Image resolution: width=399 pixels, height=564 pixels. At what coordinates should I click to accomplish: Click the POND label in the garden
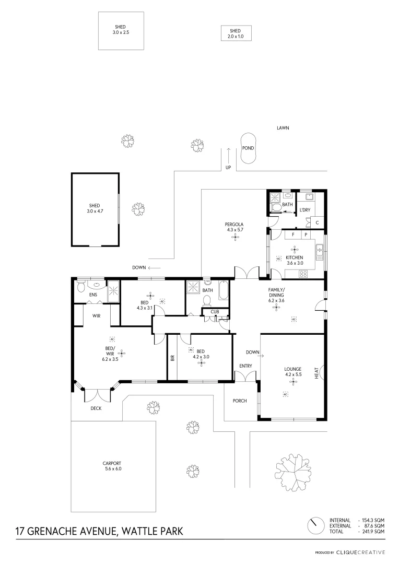coord(248,148)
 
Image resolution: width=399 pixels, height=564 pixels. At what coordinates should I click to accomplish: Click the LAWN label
coord(283,127)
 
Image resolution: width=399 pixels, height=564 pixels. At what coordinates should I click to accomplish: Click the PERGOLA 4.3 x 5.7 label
coord(234,227)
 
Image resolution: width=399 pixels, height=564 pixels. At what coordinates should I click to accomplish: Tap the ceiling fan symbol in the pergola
coord(235,237)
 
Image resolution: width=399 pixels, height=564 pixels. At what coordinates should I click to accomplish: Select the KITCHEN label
coord(295,257)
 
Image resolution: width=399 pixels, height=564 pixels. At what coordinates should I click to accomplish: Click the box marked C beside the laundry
coord(317,222)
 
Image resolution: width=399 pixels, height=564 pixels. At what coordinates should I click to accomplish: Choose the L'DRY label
coord(305,210)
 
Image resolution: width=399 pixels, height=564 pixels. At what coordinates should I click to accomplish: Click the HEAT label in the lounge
coord(316,373)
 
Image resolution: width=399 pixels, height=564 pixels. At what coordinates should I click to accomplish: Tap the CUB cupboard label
coord(215,312)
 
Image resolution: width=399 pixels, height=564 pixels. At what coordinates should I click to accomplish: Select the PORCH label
coord(240,401)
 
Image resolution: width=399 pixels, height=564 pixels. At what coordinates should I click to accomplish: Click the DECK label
coord(96,408)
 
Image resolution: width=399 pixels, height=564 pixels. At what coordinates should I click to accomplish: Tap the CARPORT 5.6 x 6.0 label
coord(112,466)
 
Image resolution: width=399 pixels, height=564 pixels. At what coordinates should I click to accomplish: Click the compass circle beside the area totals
coord(315,525)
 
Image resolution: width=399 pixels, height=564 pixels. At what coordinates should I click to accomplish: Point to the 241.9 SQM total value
coord(373,531)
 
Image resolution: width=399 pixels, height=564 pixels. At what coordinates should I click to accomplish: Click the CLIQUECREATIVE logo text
coord(360,552)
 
